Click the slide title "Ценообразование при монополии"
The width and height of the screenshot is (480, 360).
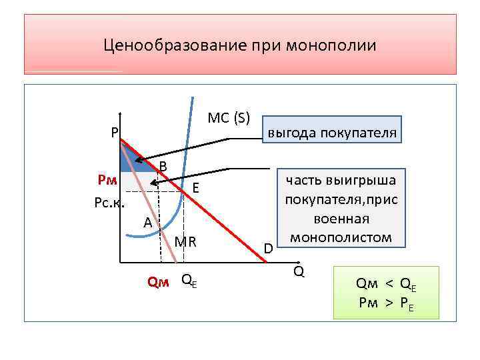tap(240, 46)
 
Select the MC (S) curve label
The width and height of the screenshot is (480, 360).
tap(229, 118)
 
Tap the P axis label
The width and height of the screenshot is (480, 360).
tap(115, 131)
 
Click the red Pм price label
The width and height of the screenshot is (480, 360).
tap(107, 179)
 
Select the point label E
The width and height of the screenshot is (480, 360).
tap(196, 189)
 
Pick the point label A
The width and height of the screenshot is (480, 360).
tap(148, 223)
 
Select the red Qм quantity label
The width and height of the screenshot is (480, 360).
tap(158, 281)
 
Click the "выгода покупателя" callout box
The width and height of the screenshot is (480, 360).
tap(332, 133)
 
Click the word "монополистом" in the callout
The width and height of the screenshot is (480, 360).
tap(341, 237)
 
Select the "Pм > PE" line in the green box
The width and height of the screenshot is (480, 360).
tap(386, 303)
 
